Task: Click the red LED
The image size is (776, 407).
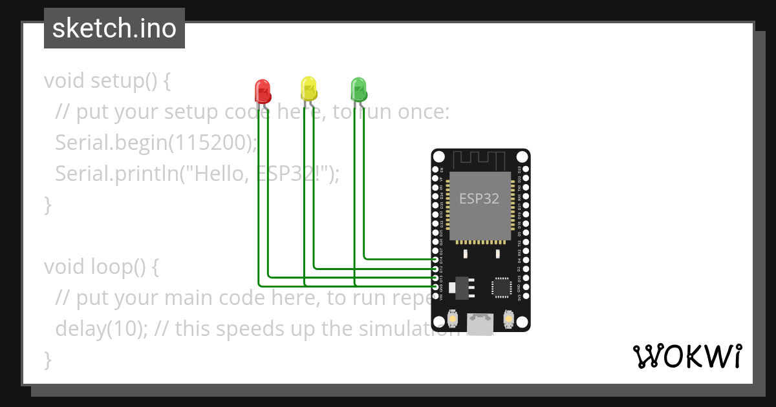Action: [x=262, y=91]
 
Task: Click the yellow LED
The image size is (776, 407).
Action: [x=309, y=89]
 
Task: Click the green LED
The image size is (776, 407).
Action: [x=358, y=89]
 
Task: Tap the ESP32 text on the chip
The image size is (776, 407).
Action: [x=479, y=199]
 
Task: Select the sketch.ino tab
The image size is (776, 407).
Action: [x=114, y=28]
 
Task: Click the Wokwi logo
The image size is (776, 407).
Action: [x=687, y=356]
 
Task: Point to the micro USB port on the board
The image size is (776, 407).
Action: [x=480, y=324]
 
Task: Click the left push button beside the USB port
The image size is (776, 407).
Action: [x=453, y=319]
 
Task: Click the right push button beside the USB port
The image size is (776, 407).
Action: [x=508, y=319]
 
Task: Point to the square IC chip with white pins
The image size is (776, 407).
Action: [x=501, y=287]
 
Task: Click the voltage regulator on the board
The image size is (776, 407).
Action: [x=460, y=287]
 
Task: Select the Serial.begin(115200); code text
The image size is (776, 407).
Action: [x=156, y=142]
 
